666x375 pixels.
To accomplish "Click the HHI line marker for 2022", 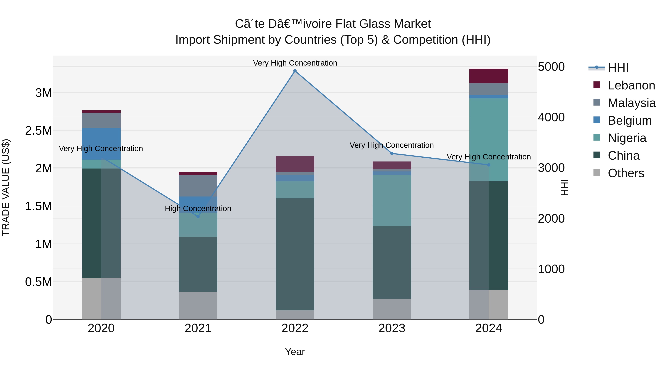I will coord(295,71).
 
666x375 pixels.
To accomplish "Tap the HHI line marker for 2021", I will coord(198,216).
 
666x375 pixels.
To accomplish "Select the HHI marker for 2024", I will coord(489,165).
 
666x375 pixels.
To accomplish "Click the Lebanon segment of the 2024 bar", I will coord(489,76).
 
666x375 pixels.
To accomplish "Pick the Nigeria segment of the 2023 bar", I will coord(392,200).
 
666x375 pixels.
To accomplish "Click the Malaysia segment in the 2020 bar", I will coord(101,120).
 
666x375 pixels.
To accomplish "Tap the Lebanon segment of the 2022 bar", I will coord(295,164).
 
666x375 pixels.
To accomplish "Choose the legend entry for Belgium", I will coord(629,121).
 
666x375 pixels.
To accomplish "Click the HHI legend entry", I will coord(618,68).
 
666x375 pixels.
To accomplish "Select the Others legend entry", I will coord(626,173).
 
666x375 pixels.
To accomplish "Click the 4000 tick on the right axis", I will coord(551,117).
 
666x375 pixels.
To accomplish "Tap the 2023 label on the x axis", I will coord(392,328).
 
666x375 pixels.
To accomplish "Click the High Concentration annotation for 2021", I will coord(198,208).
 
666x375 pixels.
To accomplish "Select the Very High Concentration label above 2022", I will coord(295,63).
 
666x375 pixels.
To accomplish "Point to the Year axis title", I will coord(295,352).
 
